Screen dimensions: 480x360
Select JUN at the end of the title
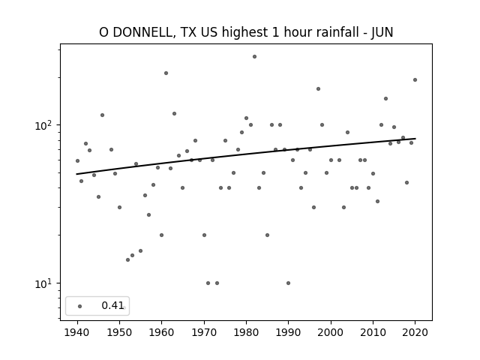click(x=382, y=32)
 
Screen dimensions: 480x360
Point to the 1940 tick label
click(x=77, y=333)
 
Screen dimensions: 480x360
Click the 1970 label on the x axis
click(x=204, y=333)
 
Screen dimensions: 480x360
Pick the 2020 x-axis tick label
click(x=415, y=333)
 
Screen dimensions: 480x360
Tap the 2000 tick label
click(x=331, y=333)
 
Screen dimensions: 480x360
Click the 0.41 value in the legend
click(x=112, y=305)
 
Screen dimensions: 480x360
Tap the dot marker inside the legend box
click(x=80, y=306)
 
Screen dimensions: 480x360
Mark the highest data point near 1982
click(x=254, y=57)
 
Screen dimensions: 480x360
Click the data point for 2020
click(x=415, y=80)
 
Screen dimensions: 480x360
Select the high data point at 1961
click(x=166, y=73)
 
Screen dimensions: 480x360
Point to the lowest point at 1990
click(x=288, y=283)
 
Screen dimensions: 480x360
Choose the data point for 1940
click(x=77, y=160)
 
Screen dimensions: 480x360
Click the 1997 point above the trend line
click(x=318, y=88)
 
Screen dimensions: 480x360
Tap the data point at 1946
click(x=102, y=115)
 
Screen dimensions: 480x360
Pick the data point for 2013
click(x=385, y=98)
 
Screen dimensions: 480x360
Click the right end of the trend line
click(x=415, y=139)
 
